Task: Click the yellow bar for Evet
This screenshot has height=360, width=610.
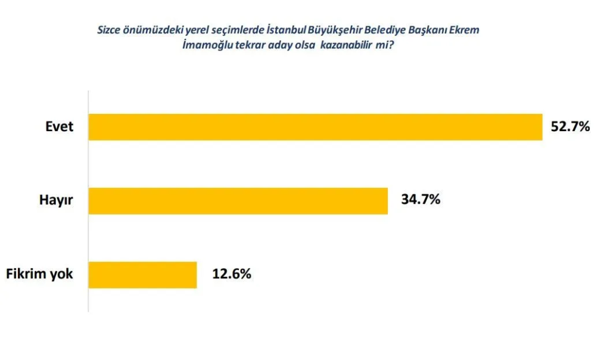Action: pos(315,127)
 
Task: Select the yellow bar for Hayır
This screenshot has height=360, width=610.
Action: pos(238,201)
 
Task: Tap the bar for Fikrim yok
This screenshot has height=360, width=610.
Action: pos(142,275)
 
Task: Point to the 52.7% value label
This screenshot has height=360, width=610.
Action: pos(570,126)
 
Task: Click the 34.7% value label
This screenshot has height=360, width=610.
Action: pos(421,200)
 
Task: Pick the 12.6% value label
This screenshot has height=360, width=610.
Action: pos(232,274)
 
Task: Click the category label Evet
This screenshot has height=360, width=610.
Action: pos(59,126)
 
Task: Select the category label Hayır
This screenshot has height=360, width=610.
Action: pos(56,200)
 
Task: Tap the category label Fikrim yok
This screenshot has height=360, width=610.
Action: pos(39,274)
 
